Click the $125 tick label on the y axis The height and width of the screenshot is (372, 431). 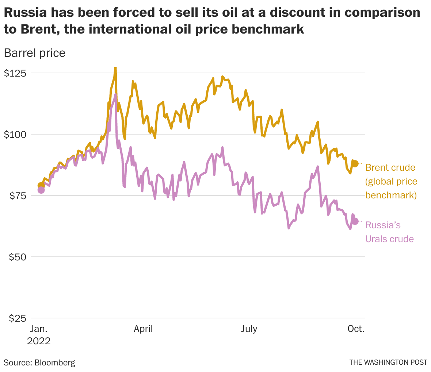tap(15, 73)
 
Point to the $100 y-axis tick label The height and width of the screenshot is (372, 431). tap(15, 134)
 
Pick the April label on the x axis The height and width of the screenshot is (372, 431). tap(143, 329)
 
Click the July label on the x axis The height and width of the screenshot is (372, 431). tap(249, 329)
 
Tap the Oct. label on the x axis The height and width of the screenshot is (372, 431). tap(356, 329)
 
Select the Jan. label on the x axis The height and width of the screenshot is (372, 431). tap(38, 329)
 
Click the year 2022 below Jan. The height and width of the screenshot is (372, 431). tap(39, 341)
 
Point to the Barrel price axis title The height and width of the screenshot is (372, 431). tap(34, 53)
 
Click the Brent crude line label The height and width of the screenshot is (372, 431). tap(390, 168)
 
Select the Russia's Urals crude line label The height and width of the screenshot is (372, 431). tap(389, 232)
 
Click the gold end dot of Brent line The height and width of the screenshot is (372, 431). tap(355, 164)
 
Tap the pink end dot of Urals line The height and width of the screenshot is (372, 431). tap(355, 221)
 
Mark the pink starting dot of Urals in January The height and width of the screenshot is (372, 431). tap(41, 190)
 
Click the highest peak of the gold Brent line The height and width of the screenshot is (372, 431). tap(115, 68)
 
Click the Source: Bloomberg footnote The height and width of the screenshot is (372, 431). tap(39, 363)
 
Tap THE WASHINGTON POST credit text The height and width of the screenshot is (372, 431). tap(388, 363)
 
